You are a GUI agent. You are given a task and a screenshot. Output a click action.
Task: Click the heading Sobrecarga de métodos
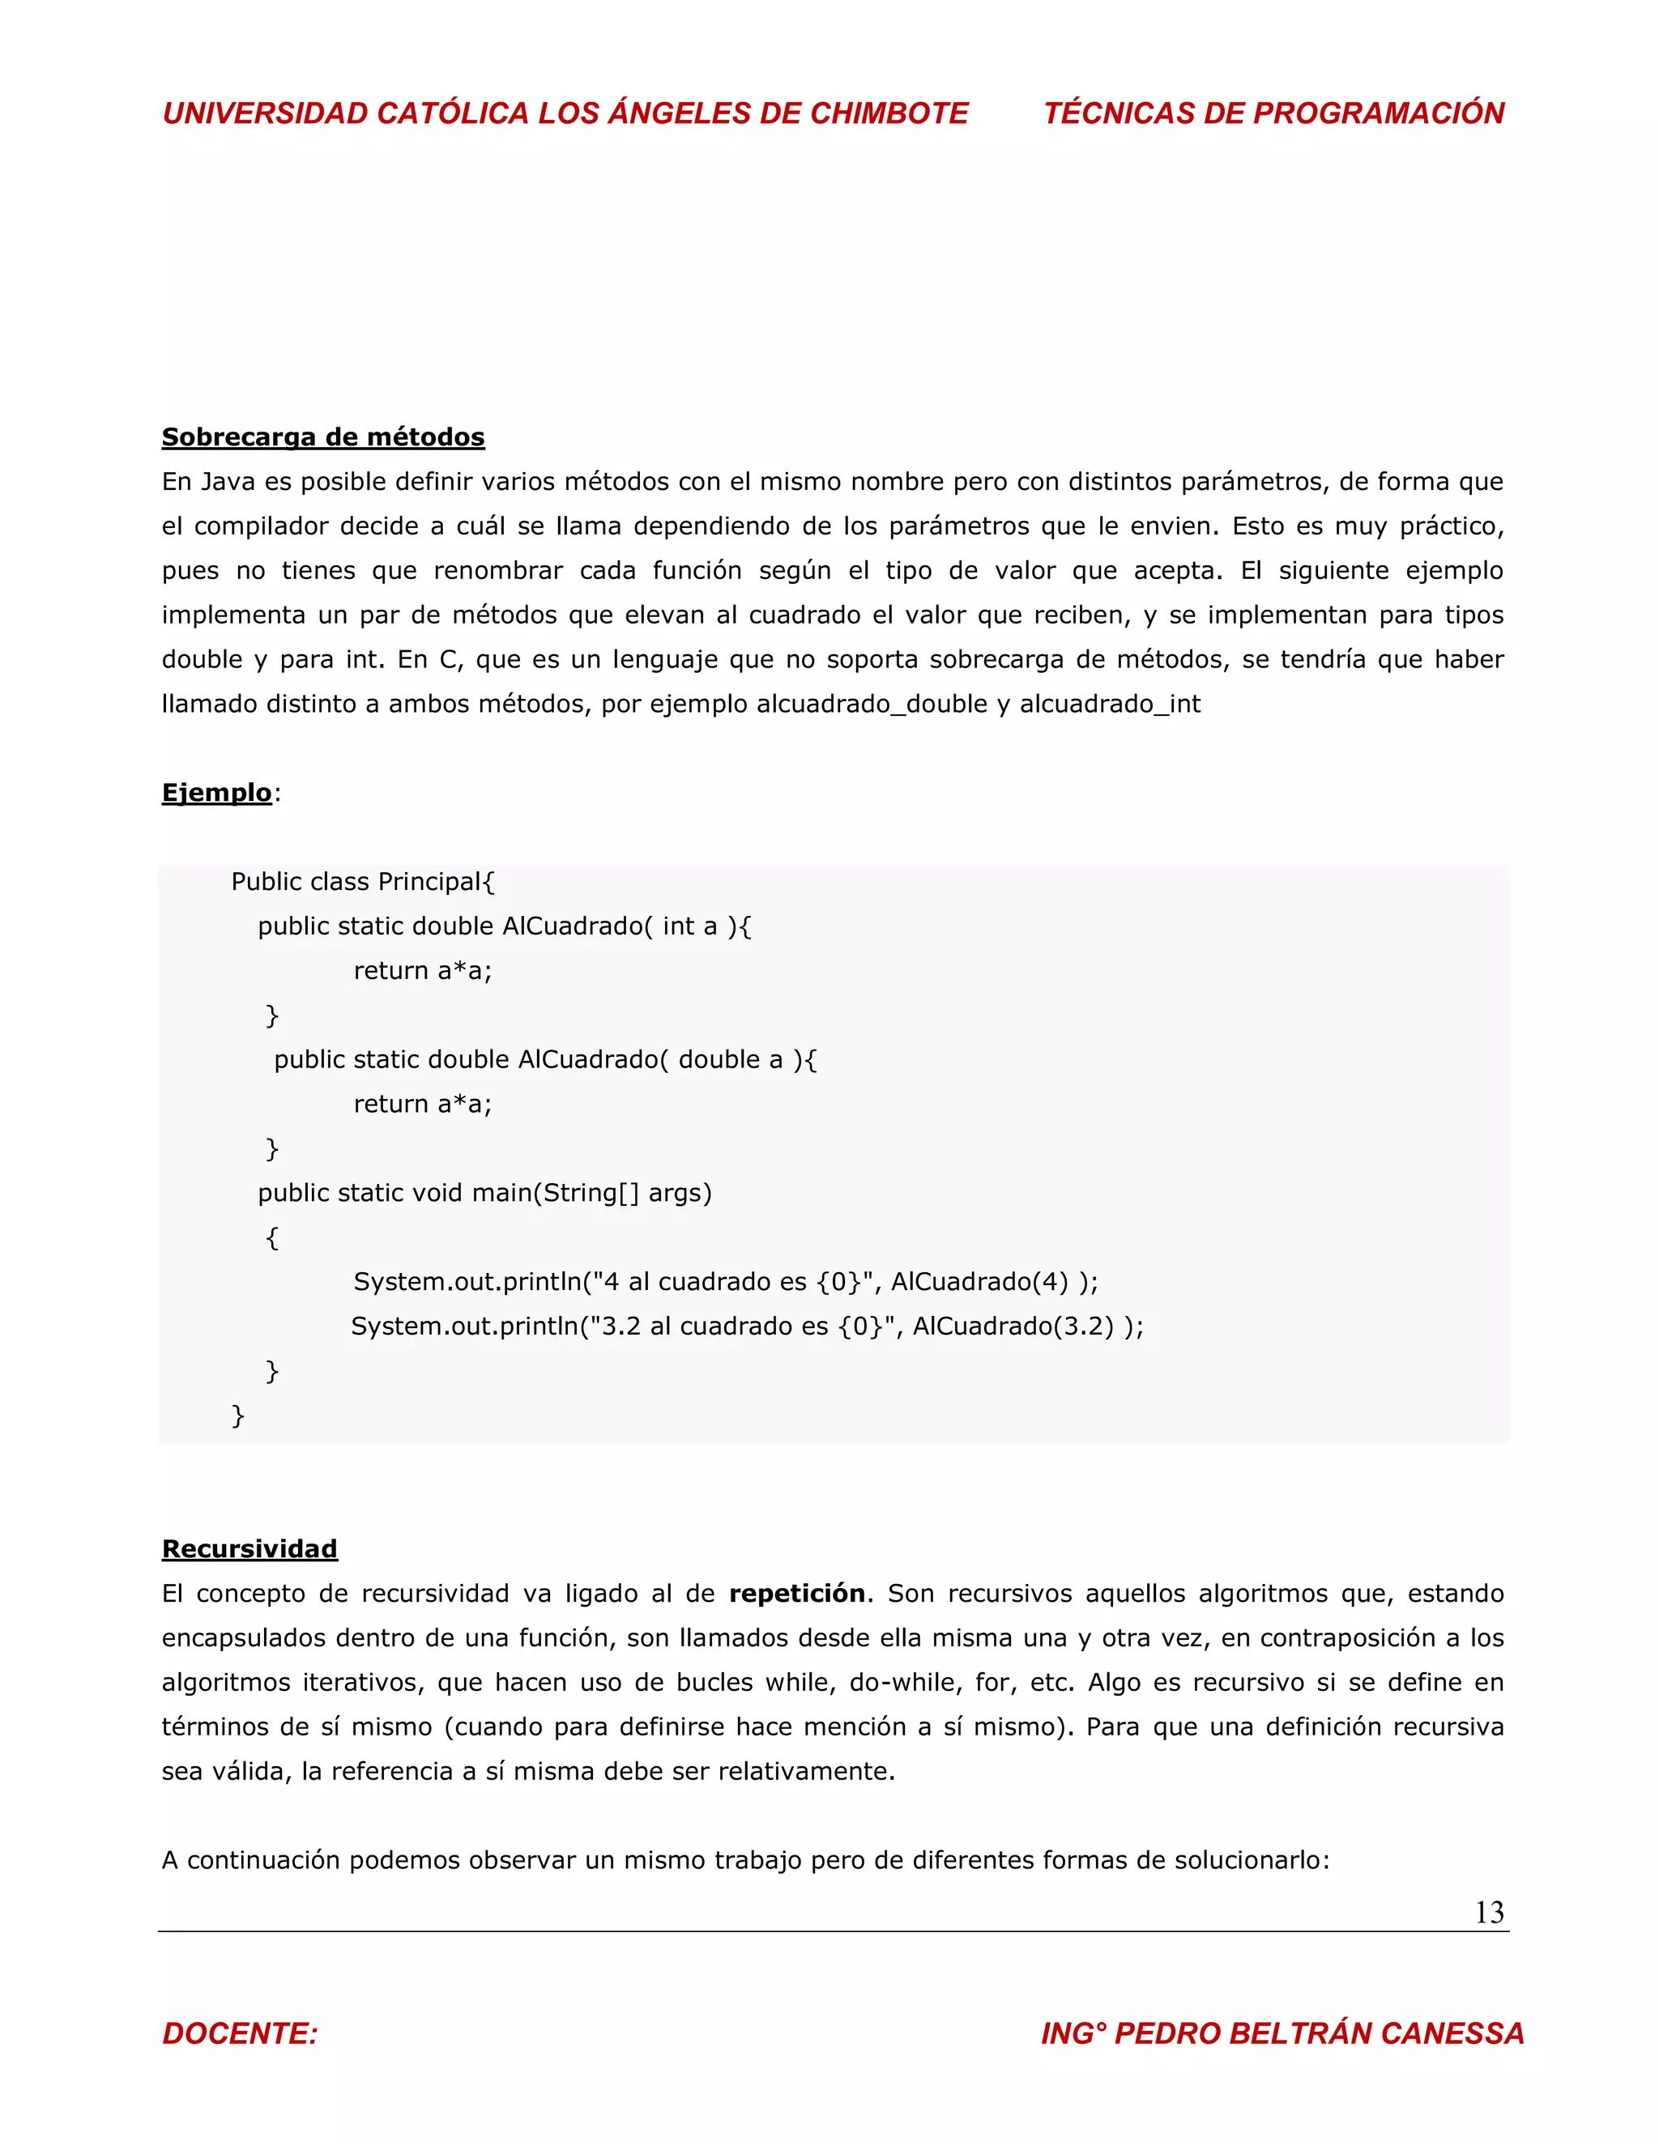coord(322,437)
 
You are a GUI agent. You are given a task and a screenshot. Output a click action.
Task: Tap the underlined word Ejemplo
coord(216,793)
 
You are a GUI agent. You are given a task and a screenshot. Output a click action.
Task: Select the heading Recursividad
coord(249,1548)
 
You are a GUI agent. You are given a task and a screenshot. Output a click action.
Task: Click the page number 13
coord(1489,1912)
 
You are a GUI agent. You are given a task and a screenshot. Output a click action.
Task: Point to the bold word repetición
coord(797,1593)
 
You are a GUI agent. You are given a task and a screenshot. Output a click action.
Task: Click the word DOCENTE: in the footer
coord(240,2033)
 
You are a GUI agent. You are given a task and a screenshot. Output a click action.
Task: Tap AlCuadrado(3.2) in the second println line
coord(1013,1326)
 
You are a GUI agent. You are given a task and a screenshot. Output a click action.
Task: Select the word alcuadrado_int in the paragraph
coord(1110,704)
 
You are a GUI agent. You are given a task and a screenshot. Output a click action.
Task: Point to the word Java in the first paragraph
coord(227,482)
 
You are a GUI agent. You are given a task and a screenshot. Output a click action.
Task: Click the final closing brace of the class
coord(237,1415)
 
